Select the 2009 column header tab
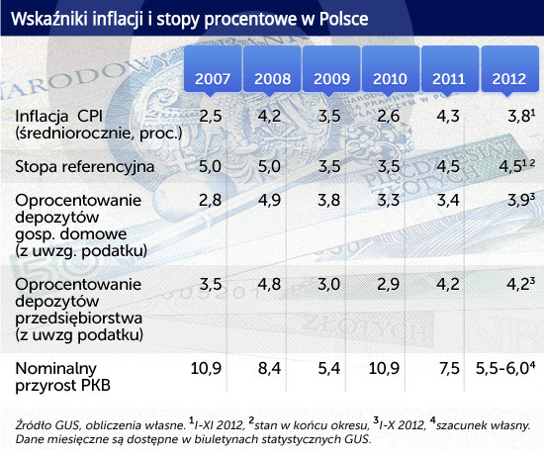tap(331, 69)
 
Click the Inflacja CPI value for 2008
tap(269, 116)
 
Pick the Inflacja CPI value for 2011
tap(448, 116)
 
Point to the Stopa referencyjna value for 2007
tap(210, 166)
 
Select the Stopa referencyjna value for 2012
tap(516, 166)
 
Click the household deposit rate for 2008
tap(269, 200)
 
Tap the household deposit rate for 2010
tap(389, 200)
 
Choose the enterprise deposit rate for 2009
tap(329, 284)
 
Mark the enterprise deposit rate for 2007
tap(211, 284)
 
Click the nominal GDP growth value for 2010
tap(384, 368)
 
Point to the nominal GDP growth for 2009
tap(329, 368)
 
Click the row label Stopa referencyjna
tap(85, 167)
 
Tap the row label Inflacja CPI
tap(59, 117)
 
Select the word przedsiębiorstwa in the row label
tap(79, 319)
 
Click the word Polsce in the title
tap(343, 19)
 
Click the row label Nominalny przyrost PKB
tap(62, 377)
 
